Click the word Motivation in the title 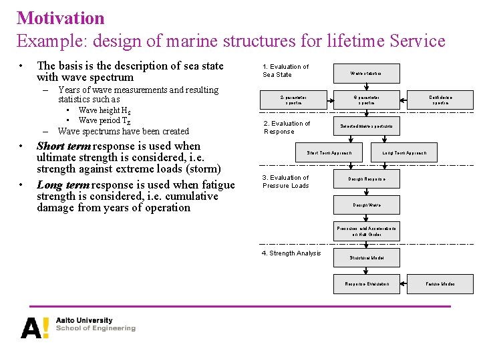click(61, 18)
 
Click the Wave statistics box click(366, 73)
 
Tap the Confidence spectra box click(440, 100)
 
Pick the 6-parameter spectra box click(366, 100)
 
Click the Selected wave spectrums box click(366, 126)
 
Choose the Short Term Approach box click(329, 153)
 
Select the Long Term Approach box click(404, 153)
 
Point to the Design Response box click(366, 179)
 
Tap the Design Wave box click(366, 205)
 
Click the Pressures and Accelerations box click(366, 231)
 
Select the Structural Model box click(366, 257)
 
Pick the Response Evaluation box click(366, 284)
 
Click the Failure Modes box click(440, 284)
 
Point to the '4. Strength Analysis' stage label click(291, 253)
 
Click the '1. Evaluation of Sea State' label click(286, 71)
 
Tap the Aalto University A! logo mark click(35, 328)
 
